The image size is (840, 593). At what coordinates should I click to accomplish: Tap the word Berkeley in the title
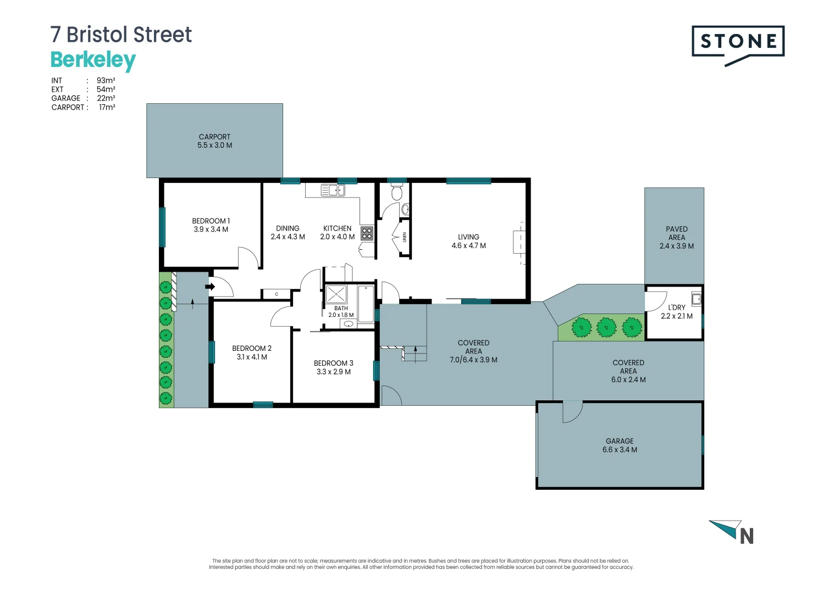pos(93,60)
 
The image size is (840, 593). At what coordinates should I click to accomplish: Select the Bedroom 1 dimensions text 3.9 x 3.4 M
pos(211,230)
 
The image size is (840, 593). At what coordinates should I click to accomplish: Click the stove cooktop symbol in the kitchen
pos(367,233)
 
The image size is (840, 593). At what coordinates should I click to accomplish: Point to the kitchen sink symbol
pos(333,191)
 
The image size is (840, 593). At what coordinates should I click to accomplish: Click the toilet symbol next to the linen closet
pos(397,193)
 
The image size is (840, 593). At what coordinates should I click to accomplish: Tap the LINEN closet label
pos(405,237)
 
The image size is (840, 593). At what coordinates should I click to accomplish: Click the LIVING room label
pos(468,237)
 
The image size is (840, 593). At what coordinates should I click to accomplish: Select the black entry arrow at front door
pos(210,287)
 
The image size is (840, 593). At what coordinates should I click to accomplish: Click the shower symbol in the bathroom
pos(336,294)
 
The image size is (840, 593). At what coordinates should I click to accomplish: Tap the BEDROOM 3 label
pos(333,363)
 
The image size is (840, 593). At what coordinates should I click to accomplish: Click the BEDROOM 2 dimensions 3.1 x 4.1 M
pos(252,357)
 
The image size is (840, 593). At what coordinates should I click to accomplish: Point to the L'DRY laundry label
pos(676,307)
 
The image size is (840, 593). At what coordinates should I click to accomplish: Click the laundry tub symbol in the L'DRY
pos(696,299)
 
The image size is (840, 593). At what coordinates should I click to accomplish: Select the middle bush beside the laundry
pos(606,327)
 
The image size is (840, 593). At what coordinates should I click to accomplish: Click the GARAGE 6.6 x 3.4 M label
pos(620,445)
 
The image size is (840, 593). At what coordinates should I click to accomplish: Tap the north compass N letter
pos(747,536)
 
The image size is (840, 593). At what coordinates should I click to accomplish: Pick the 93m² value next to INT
pos(106,80)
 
